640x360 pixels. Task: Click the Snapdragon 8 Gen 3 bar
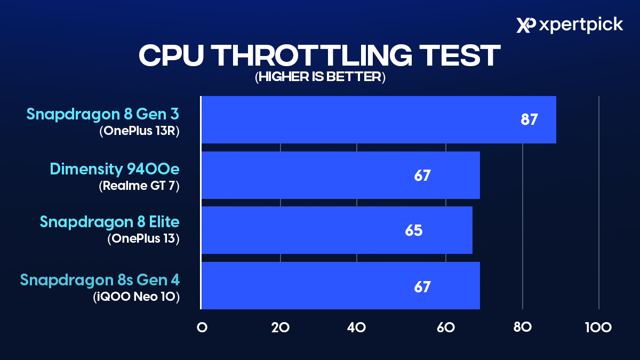[378, 120]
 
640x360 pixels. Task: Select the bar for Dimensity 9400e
[340, 175]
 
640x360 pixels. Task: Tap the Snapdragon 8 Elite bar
[337, 230]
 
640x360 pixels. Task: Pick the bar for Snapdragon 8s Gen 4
[340, 286]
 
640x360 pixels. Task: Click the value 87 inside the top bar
[530, 119]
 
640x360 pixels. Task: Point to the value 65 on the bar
[414, 230]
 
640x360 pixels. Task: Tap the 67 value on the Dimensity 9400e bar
[422, 175]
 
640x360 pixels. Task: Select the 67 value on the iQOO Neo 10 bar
[422, 286]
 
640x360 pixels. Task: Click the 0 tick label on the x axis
[202, 327]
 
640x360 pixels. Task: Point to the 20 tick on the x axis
[280, 327]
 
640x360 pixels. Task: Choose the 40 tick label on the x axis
[356, 327]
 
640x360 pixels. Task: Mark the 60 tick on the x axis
[445, 327]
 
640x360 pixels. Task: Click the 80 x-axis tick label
[523, 327]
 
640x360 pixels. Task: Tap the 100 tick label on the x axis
[598, 327]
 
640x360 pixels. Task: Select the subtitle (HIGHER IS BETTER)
[320, 77]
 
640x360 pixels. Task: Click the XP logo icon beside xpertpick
[526, 25]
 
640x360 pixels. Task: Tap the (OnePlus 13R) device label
[139, 131]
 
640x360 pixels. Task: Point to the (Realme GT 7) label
[139, 186]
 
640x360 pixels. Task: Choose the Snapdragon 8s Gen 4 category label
[100, 279]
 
